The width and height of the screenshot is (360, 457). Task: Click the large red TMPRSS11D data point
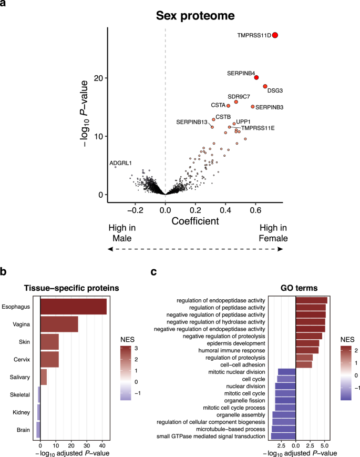click(x=275, y=35)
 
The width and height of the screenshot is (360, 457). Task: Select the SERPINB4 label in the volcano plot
click(x=241, y=73)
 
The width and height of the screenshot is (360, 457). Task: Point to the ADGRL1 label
click(x=120, y=164)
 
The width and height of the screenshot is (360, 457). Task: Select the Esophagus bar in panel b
click(x=73, y=307)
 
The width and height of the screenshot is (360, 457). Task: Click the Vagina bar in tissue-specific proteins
click(x=59, y=324)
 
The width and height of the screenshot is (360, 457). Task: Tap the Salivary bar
click(x=43, y=378)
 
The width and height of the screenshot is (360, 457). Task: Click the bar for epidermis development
click(x=307, y=343)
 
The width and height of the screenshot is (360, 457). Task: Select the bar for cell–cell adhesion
click(x=304, y=364)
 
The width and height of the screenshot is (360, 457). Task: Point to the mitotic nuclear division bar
click(x=286, y=372)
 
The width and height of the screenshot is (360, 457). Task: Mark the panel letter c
click(x=154, y=272)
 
